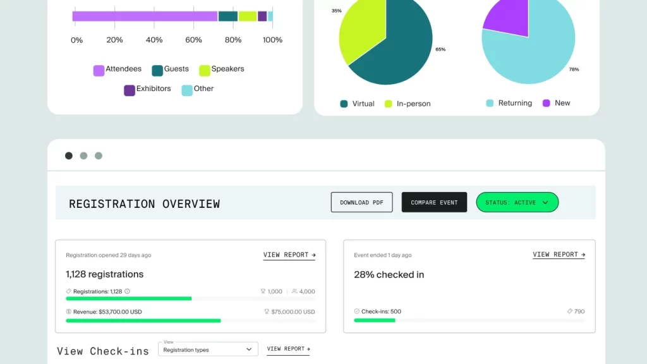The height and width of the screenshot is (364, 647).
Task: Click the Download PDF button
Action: point(361,202)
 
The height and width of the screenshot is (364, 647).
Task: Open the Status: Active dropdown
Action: point(517,202)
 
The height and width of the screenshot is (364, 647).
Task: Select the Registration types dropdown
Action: point(208,349)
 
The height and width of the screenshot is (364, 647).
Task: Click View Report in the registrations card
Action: point(289,255)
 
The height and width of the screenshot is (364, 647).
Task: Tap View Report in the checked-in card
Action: point(559,255)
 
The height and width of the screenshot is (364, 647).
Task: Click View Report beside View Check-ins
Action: point(288,349)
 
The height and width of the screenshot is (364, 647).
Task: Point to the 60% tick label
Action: point(193,40)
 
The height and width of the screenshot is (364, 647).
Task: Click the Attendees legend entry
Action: point(117,70)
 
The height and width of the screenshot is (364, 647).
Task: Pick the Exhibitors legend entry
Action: point(147,90)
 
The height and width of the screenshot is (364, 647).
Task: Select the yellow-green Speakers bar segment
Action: point(248,16)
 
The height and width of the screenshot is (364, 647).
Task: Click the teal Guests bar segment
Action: point(227,16)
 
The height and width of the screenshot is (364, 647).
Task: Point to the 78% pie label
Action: point(574,70)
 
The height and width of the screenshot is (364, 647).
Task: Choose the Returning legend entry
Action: point(509,103)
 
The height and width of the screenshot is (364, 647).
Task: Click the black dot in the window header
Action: point(69,155)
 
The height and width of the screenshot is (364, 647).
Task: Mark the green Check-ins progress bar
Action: point(375,320)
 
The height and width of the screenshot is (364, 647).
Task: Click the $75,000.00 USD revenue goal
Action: point(289,312)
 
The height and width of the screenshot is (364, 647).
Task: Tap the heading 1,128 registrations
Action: point(105,274)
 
